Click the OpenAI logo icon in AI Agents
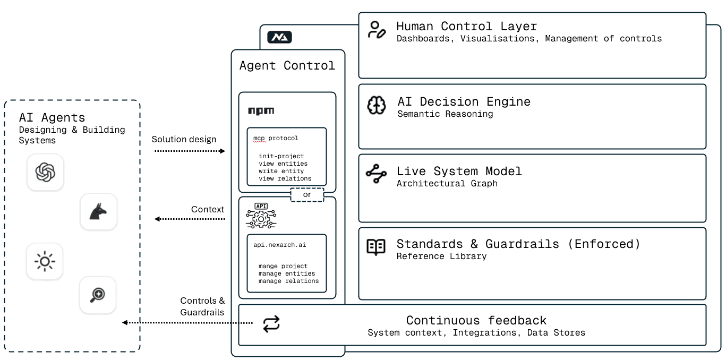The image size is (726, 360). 45,172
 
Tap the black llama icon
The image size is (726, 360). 98,212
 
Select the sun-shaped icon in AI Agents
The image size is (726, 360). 45,261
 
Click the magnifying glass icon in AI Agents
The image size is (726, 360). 98,295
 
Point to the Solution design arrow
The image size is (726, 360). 190,151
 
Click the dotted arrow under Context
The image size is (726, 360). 190,219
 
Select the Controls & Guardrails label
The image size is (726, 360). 202,306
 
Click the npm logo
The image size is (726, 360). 261,111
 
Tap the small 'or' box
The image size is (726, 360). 307,195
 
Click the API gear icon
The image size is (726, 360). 261,217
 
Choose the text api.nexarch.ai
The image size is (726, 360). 279,245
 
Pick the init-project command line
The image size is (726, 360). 281,156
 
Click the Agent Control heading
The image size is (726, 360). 287,65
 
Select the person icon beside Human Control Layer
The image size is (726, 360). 377,30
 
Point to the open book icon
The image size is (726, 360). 377,247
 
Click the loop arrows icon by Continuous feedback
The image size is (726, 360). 271,324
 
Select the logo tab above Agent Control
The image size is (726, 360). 279,38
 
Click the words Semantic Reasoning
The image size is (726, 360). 445,114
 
